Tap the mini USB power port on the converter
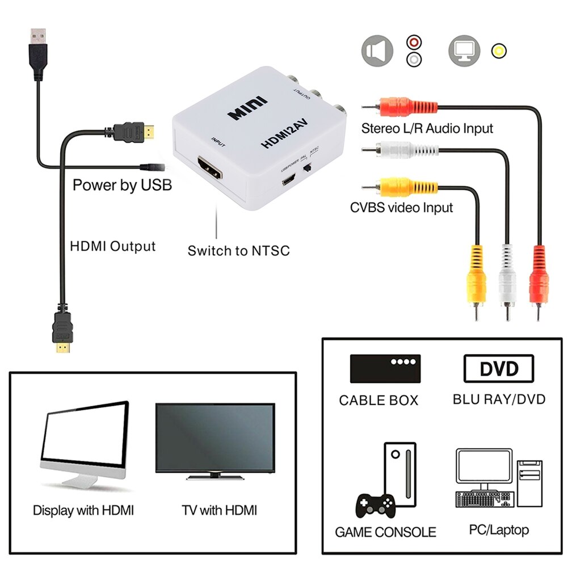coord(289,181)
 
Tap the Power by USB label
coord(121,185)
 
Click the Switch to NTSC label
coord(238,250)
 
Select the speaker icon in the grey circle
coord(377,51)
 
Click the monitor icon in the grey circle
coord(464,51)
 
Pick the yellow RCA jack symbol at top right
coord(499,51)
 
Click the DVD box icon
coord(499,369)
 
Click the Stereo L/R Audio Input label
coord(427,128)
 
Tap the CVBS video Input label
coord(401,207)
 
